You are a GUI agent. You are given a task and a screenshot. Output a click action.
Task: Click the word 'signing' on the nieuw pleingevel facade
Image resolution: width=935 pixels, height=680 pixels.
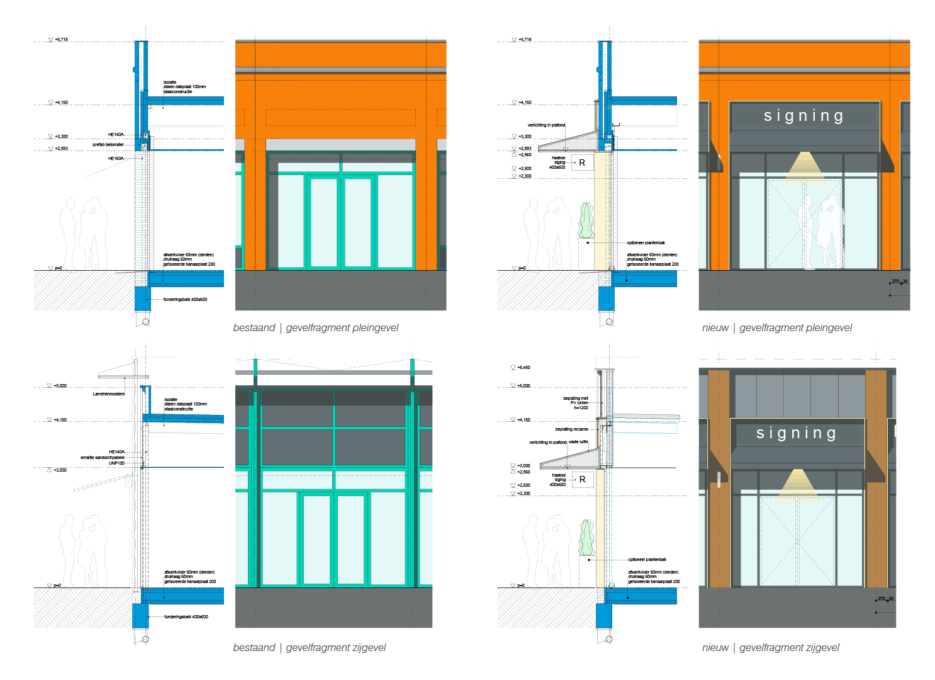click(x=803, y=116)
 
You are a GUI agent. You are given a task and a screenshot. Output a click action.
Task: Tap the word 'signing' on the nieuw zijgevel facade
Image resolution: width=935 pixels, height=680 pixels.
click(x=796, y=433)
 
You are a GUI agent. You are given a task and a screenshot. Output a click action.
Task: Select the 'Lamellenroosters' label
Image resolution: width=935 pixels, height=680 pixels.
click(x=109, y=394)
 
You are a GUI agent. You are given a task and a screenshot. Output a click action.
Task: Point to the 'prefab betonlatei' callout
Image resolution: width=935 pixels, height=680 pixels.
click(x=108, y=145)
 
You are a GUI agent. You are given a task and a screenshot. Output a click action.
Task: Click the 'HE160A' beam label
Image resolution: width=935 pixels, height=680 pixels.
click(x=116, y=159)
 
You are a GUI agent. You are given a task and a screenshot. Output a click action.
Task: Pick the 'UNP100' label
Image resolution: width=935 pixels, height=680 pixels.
click(x=117, y=463)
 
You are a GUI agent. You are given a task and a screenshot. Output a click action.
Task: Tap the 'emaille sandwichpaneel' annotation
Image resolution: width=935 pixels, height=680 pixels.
click(x=103, y=458)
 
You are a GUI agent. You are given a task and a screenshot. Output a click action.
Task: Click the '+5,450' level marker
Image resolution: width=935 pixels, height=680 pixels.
click(x=523, y=368)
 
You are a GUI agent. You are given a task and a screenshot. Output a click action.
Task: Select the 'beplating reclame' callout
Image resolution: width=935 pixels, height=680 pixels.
click(x=572, y=429)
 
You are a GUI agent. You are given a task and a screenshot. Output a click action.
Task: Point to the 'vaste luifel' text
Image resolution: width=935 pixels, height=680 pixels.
click(x=578, y=442)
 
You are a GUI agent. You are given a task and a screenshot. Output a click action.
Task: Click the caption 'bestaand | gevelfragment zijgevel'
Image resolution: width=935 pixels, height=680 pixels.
click(x=310, y=648)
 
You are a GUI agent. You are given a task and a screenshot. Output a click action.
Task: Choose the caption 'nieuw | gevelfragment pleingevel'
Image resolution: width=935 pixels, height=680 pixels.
click(x=777, y=328)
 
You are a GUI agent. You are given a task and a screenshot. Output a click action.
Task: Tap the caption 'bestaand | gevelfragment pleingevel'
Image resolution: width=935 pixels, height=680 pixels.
click(x=316, y=328)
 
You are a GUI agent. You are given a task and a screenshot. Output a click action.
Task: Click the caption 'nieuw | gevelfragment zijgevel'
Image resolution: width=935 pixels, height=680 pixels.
click(x=771, y=648)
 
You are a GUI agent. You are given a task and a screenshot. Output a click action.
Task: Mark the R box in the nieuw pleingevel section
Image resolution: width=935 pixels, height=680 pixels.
click(x=582, y=162)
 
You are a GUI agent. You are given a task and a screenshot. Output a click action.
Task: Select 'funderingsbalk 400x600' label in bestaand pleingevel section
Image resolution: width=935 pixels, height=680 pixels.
click(x=185, y=300)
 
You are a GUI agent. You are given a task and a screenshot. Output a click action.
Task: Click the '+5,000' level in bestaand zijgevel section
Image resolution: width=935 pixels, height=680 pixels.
click(x=60, y=386)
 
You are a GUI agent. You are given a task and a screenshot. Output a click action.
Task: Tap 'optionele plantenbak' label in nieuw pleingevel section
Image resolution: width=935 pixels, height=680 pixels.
click(x=646, y=243)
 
